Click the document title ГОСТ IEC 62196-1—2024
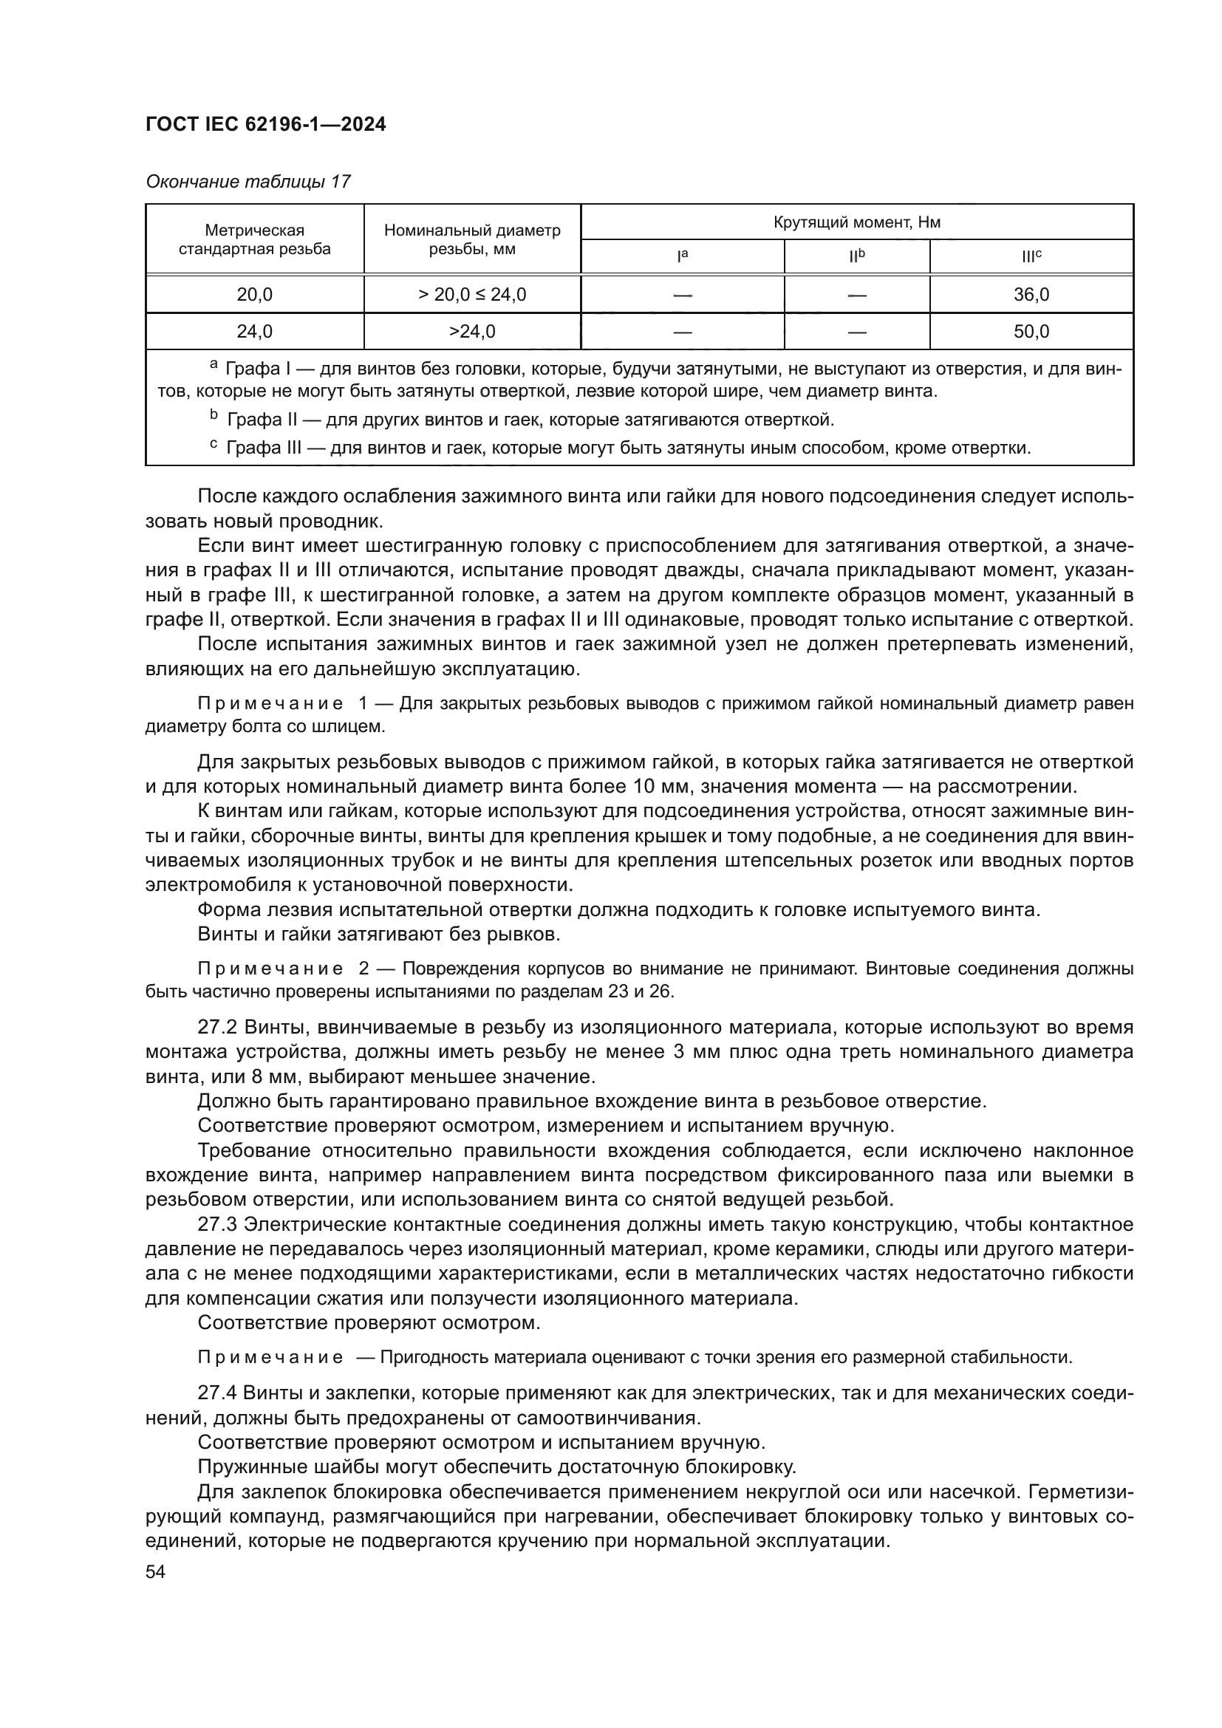coord(266,125)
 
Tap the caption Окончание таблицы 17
coord(248,182)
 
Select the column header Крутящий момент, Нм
coord(856,222)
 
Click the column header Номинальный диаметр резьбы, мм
coord(472,239)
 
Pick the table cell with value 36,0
coord(1031,294)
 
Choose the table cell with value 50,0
coord(1031,331)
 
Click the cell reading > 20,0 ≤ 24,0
coord(472,294)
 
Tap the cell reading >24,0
coord(472,331)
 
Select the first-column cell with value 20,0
coord(254,294)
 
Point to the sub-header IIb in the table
coord(856,256)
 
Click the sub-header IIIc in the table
coord(1031,256)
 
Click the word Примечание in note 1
coord(270,704)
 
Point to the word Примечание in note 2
coord(270,969)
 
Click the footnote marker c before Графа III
coord(213,445)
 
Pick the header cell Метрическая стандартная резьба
coord(254,239)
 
